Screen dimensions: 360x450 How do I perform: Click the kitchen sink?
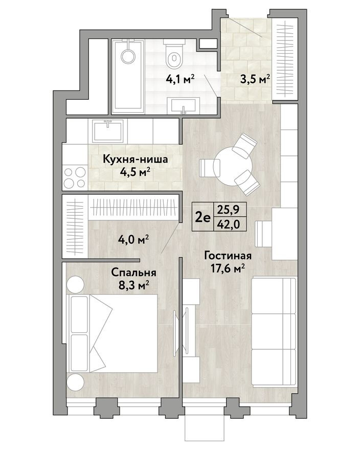(108, 130)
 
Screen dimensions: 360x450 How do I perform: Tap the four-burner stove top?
(75, 177)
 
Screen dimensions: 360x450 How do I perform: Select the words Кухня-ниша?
(135, 159)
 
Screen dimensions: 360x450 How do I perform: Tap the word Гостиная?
(228, 256)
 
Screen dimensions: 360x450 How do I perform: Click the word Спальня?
(134, 273)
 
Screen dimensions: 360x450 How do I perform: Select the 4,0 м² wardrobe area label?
(134, 239)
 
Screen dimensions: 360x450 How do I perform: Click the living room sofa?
(274, 332)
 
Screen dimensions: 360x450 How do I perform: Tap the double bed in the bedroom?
(112, 334)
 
